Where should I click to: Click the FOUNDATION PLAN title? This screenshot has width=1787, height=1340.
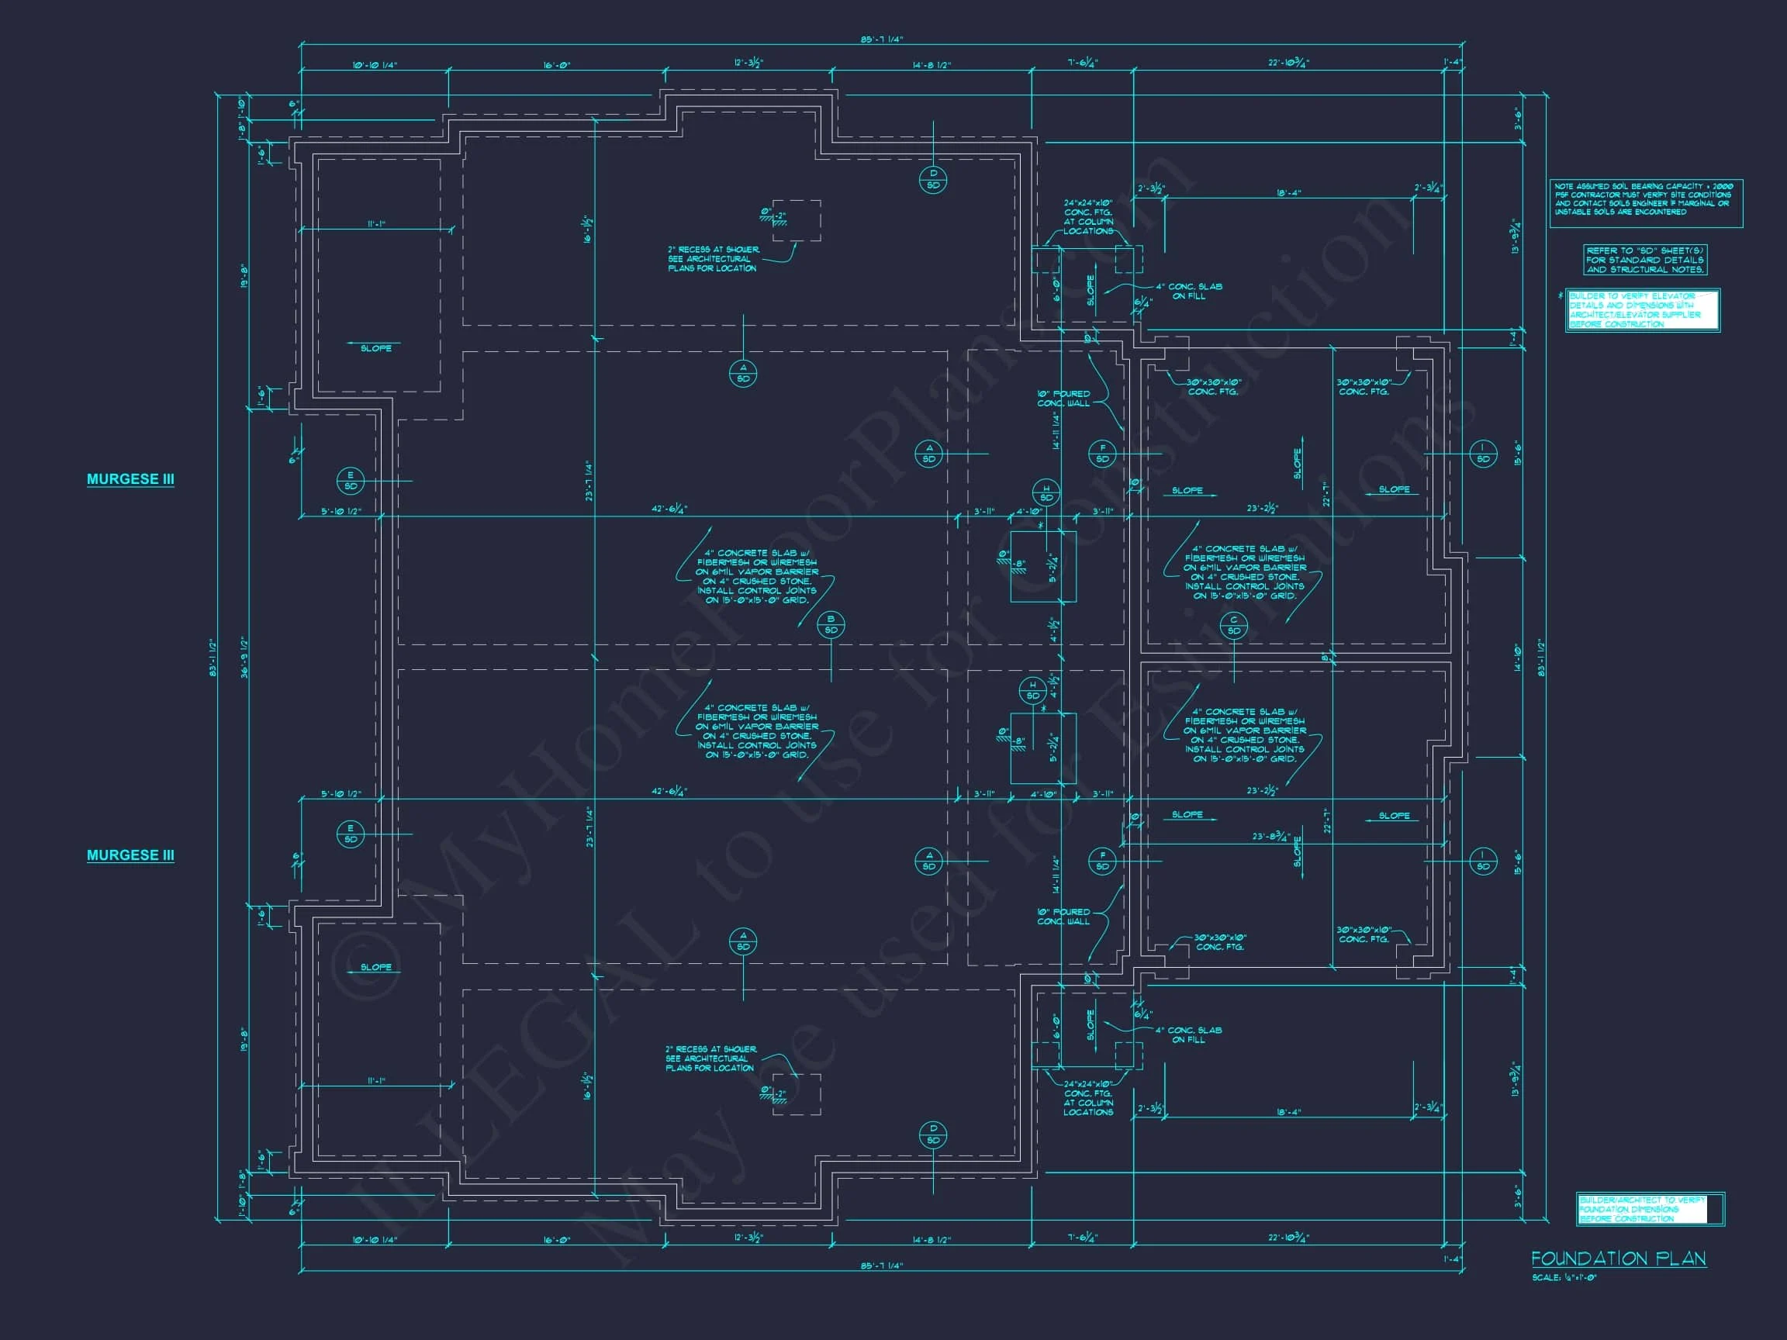click(x=1618, y=1259)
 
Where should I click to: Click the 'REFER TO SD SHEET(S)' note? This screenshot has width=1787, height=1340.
click(x=1645, y=260)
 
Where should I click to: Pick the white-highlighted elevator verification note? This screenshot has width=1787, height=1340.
click(x=1643, y=310)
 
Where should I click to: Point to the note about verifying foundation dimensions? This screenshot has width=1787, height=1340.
click(x=1649, y=1209)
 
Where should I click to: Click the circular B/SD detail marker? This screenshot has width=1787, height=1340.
click(x=831, y=624)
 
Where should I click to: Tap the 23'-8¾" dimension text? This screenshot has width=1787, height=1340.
click(x=1270, y=837)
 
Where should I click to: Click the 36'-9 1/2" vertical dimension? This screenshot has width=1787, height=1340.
click(x=244, y=657)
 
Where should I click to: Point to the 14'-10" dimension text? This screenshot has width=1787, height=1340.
click(x=1517, y=658)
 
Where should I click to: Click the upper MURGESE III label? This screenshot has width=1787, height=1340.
click(x=130, y=479)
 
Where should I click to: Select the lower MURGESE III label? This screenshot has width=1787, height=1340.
click(x=130, y=855)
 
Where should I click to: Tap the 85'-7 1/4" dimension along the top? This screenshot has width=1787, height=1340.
click(x=881, y=40)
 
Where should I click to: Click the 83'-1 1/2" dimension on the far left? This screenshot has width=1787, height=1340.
click(x=213, y=658)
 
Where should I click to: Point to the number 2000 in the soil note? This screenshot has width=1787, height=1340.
click(x=1723, y=187)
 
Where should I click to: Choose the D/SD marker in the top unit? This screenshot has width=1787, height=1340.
click(x=933, y=180)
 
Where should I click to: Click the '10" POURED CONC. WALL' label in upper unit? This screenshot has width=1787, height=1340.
click(x=1063, y=399)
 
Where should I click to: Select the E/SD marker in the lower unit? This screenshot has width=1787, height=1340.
click(x=351, y=834)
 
